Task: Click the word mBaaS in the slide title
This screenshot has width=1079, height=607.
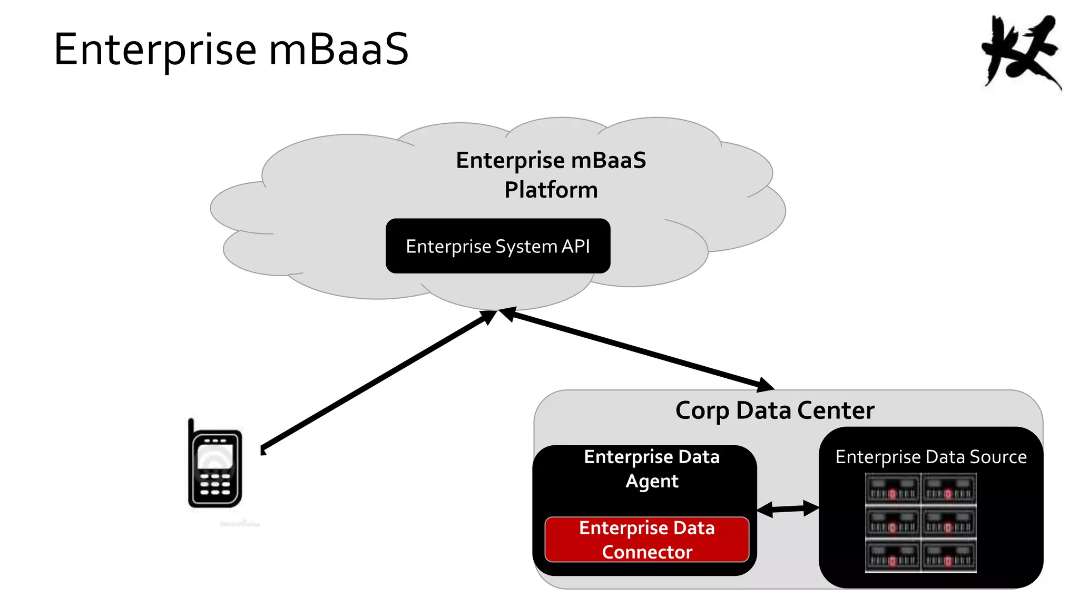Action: pyautogui.click(x=338, y=50)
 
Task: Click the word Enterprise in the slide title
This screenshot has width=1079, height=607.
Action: pyautogui.click(x=155, y=51)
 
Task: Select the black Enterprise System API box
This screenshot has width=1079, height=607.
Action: pyautogui.click(x=497, y=246)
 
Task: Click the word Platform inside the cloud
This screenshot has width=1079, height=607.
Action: pyautogui.click(x=551, y=190)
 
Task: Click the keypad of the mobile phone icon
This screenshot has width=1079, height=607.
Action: pyautogui.click(x=215, y=484)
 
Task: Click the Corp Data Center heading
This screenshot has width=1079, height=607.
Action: pyautogui.click(x=774, y=410)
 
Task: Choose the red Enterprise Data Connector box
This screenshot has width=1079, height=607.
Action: pyautogui.click(x=647, y=540)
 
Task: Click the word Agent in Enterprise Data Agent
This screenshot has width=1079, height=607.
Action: pyautogui.click(x=652, y=481)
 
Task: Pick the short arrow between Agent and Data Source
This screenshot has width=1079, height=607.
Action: pyautogui.click(x=788, y=508)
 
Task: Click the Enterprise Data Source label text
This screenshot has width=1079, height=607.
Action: pyautogui.click(x=931, y=457)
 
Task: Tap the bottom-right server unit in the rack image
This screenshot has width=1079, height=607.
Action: pyautogui.click(x=948, y=556)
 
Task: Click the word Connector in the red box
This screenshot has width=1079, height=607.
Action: pyautogui.click(x=647, y=552)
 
